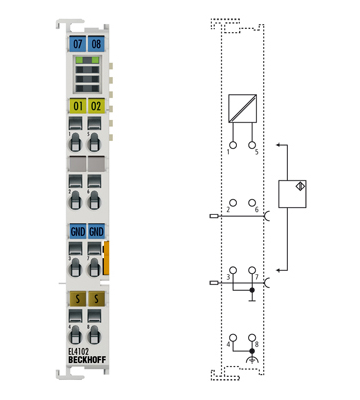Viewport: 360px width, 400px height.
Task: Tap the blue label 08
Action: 96,45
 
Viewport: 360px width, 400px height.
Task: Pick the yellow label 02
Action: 96,105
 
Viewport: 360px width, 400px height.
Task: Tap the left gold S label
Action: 78,299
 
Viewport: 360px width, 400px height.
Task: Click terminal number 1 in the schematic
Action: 230,150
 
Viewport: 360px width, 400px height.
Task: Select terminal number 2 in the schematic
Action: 229,210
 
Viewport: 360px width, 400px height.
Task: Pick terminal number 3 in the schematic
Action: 229,275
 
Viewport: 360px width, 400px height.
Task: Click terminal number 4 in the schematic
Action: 229,345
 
